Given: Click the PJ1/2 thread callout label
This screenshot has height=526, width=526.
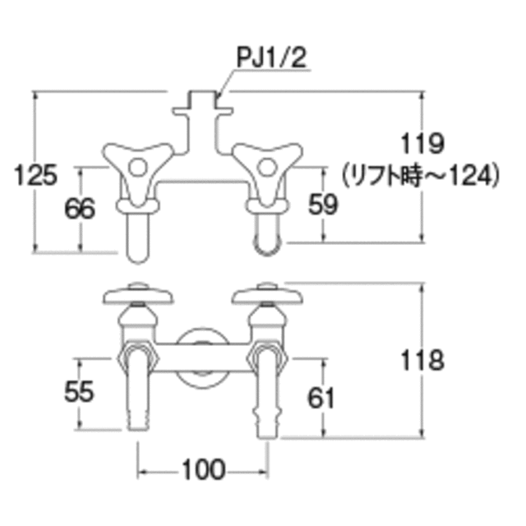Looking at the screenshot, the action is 271,58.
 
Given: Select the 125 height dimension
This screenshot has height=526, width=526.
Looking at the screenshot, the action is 35,175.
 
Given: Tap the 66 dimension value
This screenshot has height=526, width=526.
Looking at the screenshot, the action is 80,208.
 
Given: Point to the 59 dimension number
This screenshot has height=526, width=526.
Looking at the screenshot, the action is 323,205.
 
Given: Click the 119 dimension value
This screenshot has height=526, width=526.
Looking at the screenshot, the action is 422,144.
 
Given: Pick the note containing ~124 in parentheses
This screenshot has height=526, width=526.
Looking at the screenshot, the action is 421,175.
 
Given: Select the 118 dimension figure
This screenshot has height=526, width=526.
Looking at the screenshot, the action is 422,360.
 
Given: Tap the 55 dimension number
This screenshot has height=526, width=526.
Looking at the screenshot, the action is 79,391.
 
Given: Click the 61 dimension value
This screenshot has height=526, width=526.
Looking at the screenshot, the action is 321,398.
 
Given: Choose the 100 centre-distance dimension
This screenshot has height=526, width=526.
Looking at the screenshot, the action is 203,469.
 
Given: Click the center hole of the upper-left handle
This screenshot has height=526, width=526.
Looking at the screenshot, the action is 138,167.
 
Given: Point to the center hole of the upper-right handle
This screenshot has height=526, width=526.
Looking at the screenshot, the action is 267,167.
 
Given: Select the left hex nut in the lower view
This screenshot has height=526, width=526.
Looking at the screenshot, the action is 138,358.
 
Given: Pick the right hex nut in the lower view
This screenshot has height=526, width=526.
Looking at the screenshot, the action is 267,358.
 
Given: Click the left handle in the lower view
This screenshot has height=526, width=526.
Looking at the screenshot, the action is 138,294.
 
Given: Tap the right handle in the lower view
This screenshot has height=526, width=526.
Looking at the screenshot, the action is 267,294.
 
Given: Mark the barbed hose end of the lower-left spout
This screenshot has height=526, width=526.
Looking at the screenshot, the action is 138,420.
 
